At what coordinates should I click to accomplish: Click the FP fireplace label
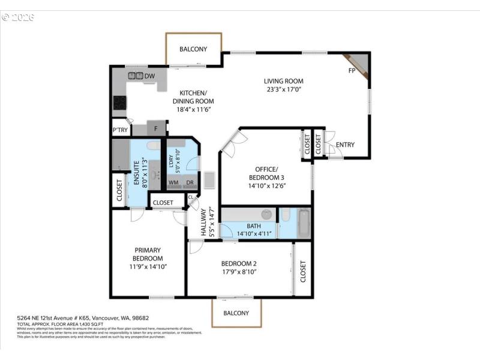(x=352, y=71)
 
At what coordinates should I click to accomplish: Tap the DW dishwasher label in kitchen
(x=149, y=76)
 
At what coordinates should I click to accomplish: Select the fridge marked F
(x=156, y=128)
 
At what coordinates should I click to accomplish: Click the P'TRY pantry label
(x=119, y=130)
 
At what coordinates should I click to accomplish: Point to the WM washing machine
(x=173, y=182)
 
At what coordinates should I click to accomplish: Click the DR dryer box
(x=190, y=182)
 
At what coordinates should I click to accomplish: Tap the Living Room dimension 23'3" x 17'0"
(x=284, y=89)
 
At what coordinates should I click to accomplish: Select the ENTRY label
(x=345, y=145)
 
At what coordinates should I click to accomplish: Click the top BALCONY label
(x=193, y=49)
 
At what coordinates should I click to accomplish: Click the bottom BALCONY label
(x=236, y=313)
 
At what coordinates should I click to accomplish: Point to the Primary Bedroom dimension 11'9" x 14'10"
(x=147, y=266)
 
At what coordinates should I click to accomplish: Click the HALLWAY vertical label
(x=203, y=222)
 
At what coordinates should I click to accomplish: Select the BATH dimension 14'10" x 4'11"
(x=254, y=233)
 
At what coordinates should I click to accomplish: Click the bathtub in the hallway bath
(x=304, y=223)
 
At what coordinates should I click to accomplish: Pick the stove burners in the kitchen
(x=119, y=103)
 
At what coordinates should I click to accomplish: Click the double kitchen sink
(x=136, y=76)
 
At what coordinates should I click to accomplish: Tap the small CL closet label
(x=191, y=196)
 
